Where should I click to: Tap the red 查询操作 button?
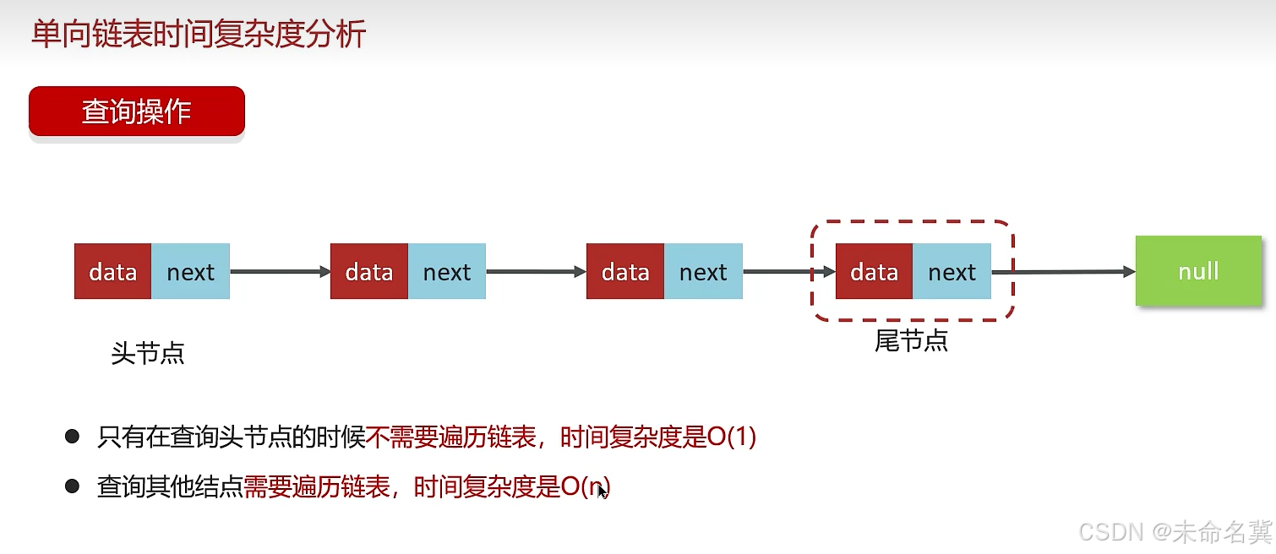pos(137,111)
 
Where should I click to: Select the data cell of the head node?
pos(112,272)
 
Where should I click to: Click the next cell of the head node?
pos(190,272)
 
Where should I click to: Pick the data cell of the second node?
pos(368,272)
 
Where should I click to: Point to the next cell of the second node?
pos(446,272)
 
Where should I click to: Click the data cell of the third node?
pos(624,272)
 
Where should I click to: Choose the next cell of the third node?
pos(703,272)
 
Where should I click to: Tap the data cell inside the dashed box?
pos(874,272)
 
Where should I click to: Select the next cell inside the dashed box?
pos(952,272)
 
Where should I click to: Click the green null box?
pos(1198,271)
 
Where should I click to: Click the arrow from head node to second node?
pos(280,272)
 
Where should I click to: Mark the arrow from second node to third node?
pos(536,272)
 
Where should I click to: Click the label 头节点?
pos(148,353)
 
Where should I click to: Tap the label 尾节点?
pos(911,340)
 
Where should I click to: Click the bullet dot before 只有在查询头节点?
pos(72,437)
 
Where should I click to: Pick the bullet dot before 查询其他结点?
pos(72,486)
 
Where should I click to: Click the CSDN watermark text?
pos(1175,531)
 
